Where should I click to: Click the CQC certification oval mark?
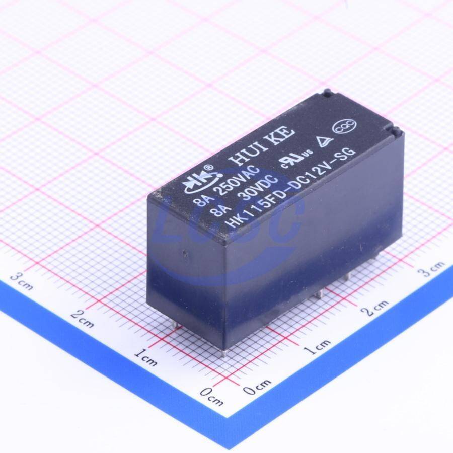pos(345,126)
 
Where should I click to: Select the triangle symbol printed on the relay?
pos(324,141)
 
